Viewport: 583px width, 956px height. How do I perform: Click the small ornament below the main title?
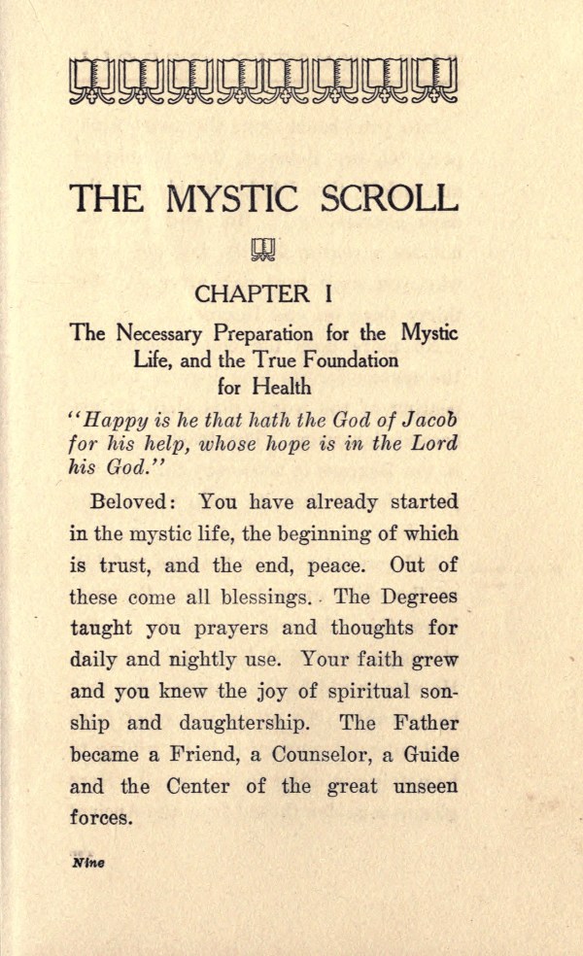pyautogui.click(x=263, y=250)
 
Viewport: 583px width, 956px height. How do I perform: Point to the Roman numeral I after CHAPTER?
pyautogui.click(x=330, y=293)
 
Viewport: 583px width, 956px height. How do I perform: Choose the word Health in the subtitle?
pyautogui.click(x=281, y=386)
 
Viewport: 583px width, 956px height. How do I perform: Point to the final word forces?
pyautogui.click(x=100, y=817)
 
